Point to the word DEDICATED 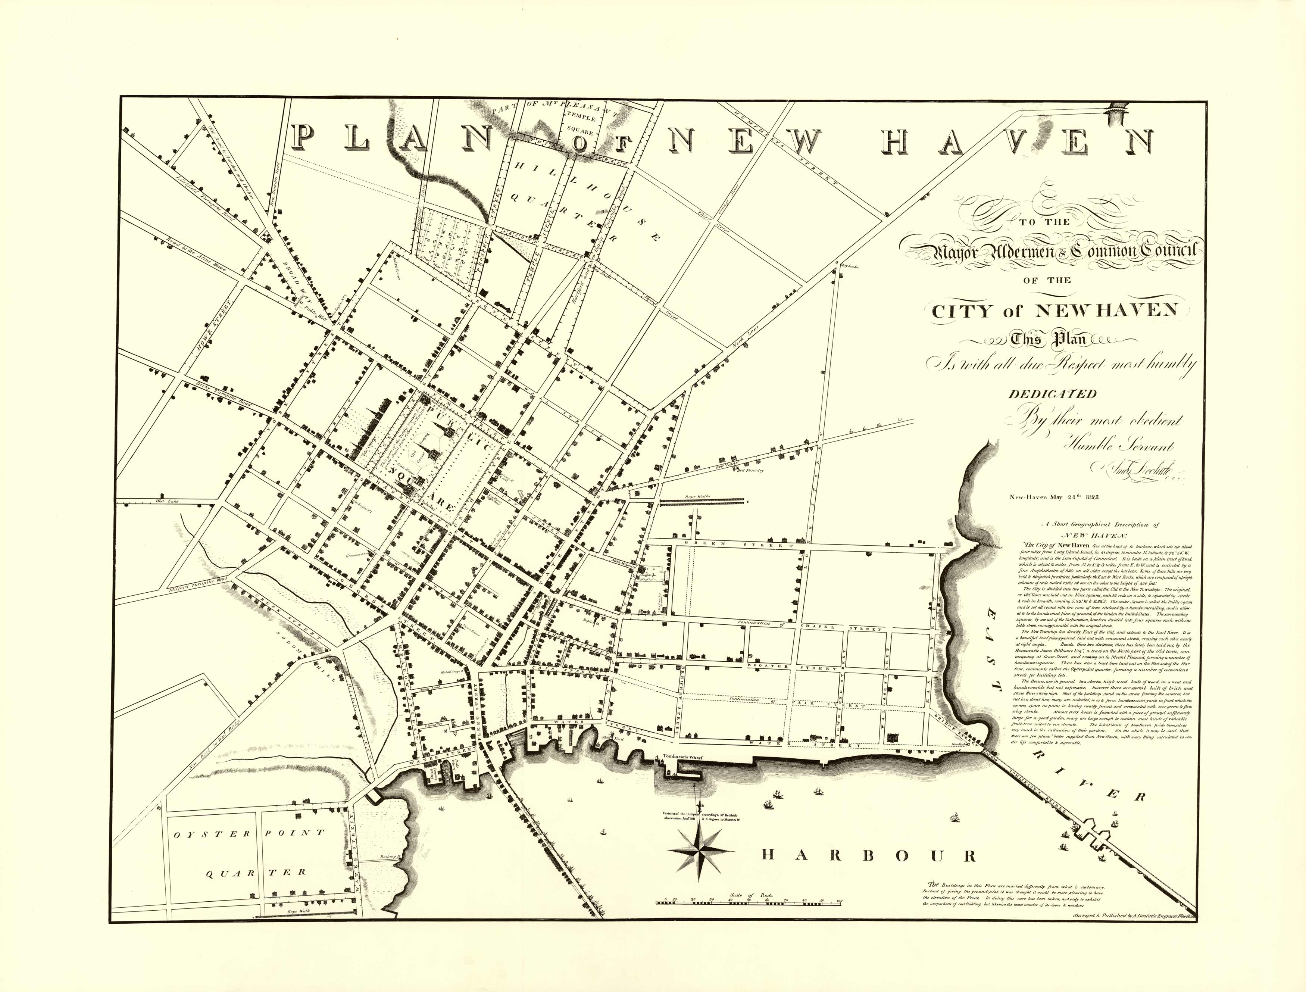click(x=1052, y=394)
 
